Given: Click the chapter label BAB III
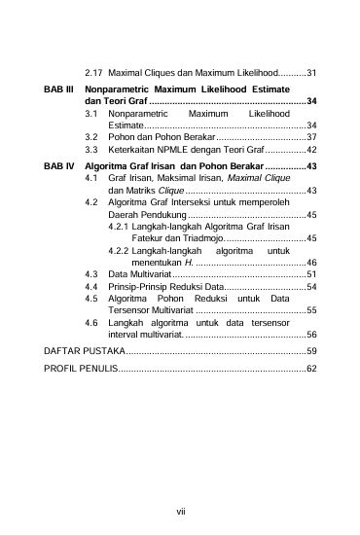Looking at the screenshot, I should pyautogui.click(x=59, y=89).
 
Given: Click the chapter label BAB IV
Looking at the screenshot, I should pyautogui.click(x=59, y=166).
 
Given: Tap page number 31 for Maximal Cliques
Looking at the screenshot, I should pyautogui.click(x=311, y=73).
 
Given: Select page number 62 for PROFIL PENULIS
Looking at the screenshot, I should pyautogui.click(x=311, y=370).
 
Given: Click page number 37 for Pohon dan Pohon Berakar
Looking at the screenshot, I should pyautogui.click(x=311, y=138).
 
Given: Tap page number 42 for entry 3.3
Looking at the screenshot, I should pyautogui.click(x=311, y=151).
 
